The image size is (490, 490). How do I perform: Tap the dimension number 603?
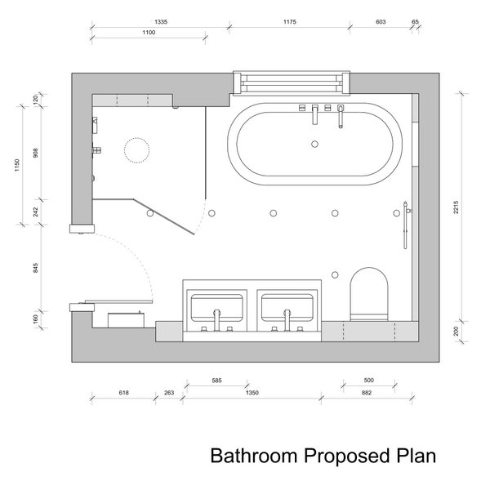coord(381,24)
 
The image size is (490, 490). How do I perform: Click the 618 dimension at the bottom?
coord(124,394)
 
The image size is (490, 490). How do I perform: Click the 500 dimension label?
coord(369,381)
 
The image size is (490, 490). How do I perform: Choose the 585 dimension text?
coord(216,381)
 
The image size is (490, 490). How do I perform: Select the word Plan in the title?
coord(416,454)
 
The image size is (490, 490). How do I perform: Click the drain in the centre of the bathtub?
coord(314,145)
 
